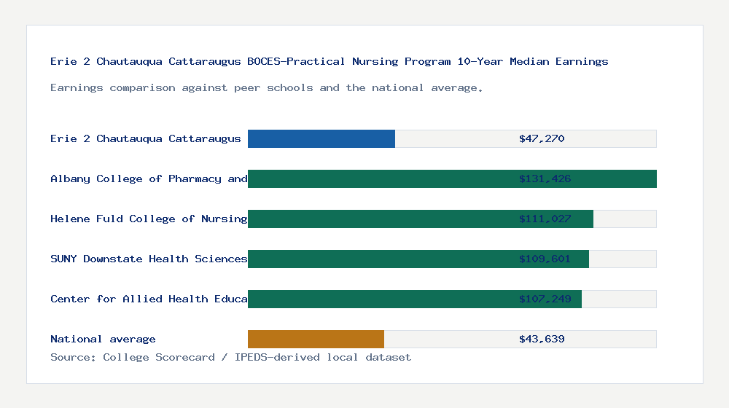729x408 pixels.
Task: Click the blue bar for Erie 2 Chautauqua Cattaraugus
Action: coord(321,138)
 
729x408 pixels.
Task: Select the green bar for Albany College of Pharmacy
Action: coord(379,178)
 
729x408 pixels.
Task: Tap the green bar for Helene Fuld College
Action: coord(379,219)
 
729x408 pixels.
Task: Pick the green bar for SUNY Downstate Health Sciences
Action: coord(379,259)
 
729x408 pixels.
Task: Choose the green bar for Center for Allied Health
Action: coord(379,299)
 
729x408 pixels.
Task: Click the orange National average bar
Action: coord(316,339)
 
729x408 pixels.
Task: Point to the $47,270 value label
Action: coord(542,138)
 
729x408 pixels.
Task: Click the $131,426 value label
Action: coord(545,178)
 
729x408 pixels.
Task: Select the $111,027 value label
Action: coord(545,219)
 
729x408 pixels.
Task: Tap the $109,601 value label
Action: coord(545,259)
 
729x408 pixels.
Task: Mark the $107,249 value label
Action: coord(545,299)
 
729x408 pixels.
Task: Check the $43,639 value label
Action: coord(542,339)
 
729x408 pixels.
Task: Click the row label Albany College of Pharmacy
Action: coord(149,178)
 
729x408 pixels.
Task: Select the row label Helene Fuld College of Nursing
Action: coord(149,219)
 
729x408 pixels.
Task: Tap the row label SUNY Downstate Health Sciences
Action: coord(149,259)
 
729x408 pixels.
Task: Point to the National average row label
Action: coord(103,339)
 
